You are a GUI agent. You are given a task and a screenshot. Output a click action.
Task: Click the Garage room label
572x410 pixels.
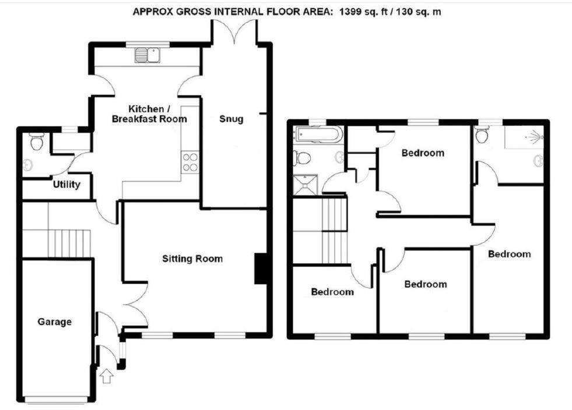(x=55, y=321)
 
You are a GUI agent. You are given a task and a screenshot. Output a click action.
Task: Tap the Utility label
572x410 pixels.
(x=66, y=185)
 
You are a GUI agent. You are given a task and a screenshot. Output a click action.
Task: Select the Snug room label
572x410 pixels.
(x=231, y=119)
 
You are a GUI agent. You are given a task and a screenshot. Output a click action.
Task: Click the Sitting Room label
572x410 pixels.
(x=192, y=259)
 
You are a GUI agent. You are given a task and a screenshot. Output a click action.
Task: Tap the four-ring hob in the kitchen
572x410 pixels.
(x=191, y=161)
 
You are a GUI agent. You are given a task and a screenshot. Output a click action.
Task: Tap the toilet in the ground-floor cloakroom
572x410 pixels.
(x=36, y=142)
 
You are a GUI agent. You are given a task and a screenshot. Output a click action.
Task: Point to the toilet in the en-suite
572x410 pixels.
(x=482, y=136)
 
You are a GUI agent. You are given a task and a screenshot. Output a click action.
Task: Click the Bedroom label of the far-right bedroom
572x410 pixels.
(x=510, y=254)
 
